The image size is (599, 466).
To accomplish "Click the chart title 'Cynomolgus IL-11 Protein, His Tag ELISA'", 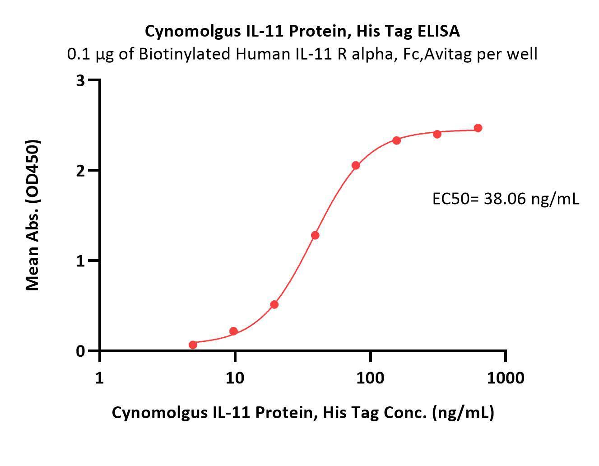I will tap(302, 31).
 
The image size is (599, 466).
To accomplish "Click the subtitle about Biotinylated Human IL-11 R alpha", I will tap(302, 54).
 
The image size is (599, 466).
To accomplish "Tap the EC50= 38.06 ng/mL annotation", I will tap(506, 198).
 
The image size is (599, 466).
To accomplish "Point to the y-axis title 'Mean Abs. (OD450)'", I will tap(33, 215).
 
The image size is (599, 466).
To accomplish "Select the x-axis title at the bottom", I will tap(302, 412).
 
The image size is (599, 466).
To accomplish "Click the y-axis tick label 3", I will tap(81, 80).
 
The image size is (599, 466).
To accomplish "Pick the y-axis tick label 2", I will tap(81, 170).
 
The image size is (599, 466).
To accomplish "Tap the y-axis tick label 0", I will tap(81, 351).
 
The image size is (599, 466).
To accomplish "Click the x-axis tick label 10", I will tap(234, 377).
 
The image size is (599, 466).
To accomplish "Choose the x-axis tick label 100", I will tap(370, 377).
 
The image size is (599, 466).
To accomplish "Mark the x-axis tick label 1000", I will tap(506, 377).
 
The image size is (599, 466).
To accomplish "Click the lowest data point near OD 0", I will tap(193, 345).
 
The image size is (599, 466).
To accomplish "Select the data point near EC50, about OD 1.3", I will tap(315, 235).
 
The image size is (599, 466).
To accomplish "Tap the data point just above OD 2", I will tap(356, 165).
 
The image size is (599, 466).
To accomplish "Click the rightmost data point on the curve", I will tap(478, 128).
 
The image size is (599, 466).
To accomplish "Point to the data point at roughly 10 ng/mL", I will tap(233, 331).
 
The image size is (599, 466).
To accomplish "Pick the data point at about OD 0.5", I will tap(274, 304).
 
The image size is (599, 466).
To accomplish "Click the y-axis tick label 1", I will tap(81, 261).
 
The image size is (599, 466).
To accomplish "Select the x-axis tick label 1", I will tap(99, 377).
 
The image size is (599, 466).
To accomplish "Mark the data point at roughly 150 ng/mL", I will tap(396, 140).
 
